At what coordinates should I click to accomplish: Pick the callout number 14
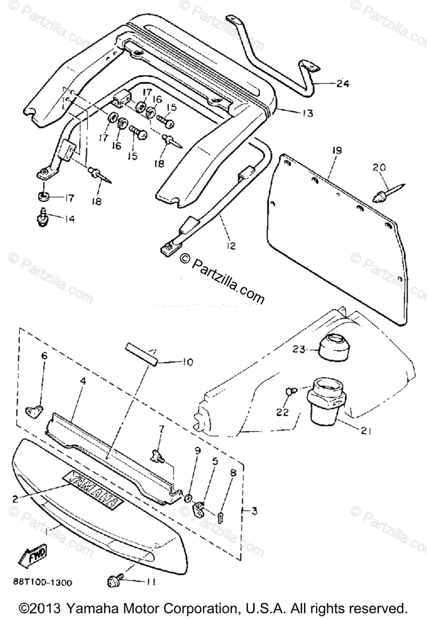[x=69, y=219]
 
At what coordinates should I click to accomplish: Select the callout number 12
[x=230, y=246]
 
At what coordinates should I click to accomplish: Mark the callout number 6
[x=44, y=355]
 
